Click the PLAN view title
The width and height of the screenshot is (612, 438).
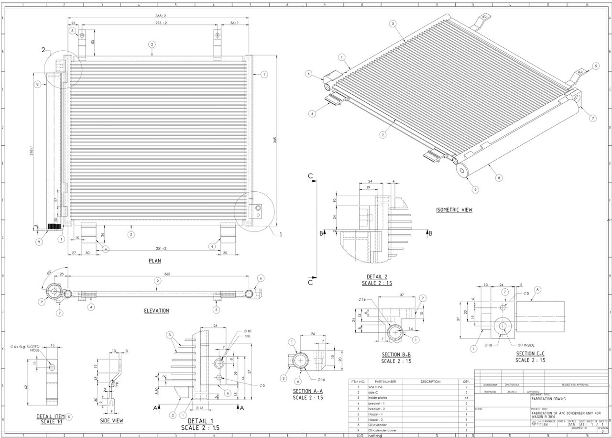(x=154, y=261)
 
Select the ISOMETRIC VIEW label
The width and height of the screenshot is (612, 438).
(x=454, y=209)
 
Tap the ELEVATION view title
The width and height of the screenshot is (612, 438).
(x=156, y=310)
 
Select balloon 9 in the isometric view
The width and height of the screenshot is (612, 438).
(x=475, y=189)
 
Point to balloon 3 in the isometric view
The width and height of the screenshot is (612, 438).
(x=393, y=23)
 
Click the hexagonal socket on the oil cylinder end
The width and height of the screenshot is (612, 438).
(x=462, y=171)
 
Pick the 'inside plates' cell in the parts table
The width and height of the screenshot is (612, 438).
(x=378, y=398)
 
